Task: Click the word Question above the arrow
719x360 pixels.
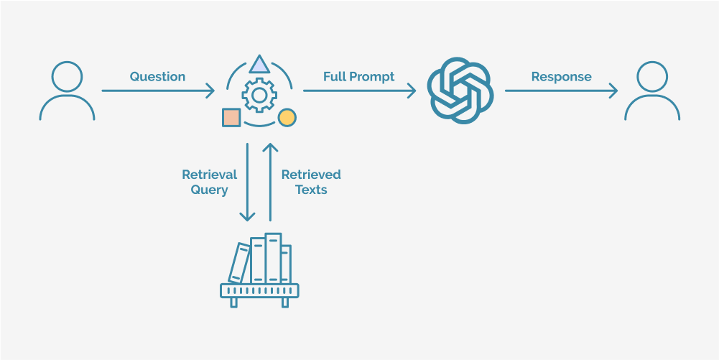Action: pyautogui.click(x=157, y=77)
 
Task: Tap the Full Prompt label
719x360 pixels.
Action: pyautogui.click(x=358, y=77)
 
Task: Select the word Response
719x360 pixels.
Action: pyautogui.click(x=561, y=77)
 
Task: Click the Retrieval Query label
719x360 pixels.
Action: pyautogui.click(x=209, y=182)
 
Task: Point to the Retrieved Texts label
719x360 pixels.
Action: pyautogui.click(x=311, y=182)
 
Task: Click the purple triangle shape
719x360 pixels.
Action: pyautogui.click(x=259, y=65)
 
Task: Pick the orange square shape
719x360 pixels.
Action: pyautogui.click(x=231, y=118)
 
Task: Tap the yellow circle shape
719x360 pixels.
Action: pyautogui.click(x=287, y=118)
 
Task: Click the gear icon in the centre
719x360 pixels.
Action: pyautogui.click(x=259, y=96)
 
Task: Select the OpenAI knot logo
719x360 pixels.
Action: pyautogui.click(x=460, y=90)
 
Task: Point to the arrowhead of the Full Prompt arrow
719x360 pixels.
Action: pyautogui.click(x=413, y=91)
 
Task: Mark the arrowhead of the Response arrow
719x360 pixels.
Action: pyautogui.click(x=614, y=91)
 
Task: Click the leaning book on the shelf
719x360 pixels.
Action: pyautogui.click(x=239, y=263)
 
